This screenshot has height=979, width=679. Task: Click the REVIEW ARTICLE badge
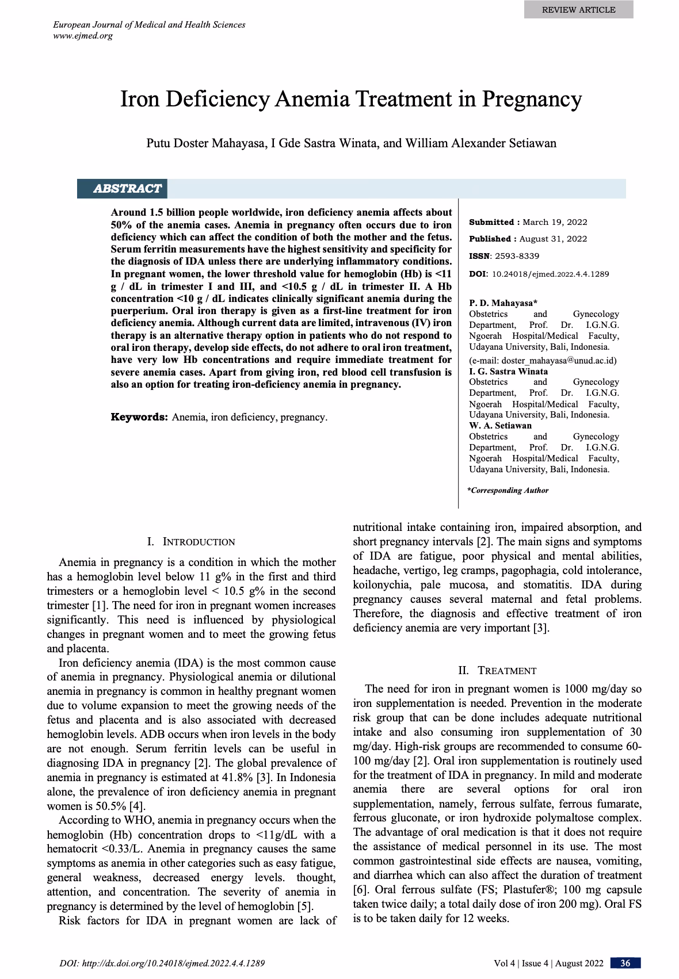[578, 10]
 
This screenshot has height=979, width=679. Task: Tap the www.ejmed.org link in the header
[82, 36]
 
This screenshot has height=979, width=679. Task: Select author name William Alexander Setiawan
[480, 143]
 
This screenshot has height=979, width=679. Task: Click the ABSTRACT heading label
[127, 189]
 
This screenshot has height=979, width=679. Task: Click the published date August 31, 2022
[555, 239]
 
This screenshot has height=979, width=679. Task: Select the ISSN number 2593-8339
[517, 256]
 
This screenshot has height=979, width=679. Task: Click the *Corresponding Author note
[508, 491]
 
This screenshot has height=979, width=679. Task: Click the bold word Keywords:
[139, 417]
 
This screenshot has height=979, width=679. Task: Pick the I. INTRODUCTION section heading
[191, 542]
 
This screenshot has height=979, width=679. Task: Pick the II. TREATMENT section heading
[497, 671]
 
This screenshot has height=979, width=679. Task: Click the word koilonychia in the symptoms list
[382, 585]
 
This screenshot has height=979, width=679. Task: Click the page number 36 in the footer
[625, 963]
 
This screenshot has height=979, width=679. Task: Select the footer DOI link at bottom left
[162, 963]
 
